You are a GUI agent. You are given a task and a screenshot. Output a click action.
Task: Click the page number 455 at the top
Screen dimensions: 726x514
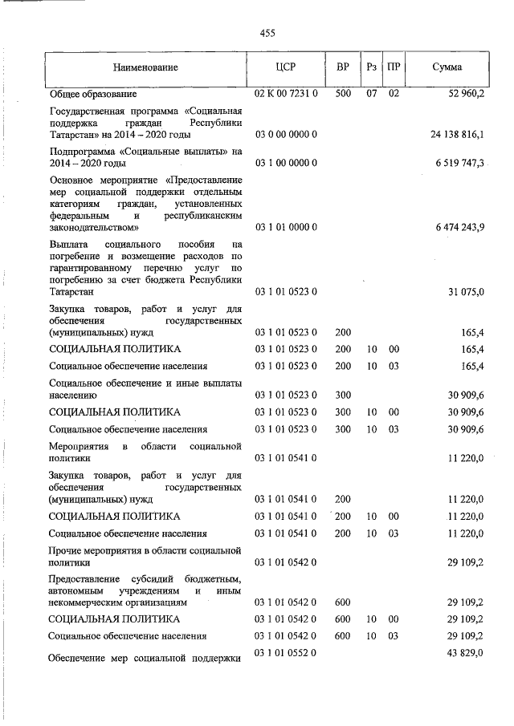(267, 33)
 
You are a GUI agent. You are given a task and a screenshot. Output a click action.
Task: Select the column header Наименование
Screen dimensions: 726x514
(145, 67)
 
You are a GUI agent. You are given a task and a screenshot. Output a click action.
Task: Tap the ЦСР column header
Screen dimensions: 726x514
(287, 67)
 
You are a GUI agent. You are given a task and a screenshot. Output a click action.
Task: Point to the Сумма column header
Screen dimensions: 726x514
(447, 67)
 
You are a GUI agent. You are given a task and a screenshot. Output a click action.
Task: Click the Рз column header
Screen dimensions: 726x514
(371, 67)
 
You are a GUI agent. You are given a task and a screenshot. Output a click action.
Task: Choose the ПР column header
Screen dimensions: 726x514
(394, 67)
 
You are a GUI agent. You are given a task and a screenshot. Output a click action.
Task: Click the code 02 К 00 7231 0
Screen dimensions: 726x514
(287, 95)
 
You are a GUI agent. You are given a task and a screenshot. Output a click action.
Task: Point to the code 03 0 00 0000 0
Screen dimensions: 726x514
(287, 133)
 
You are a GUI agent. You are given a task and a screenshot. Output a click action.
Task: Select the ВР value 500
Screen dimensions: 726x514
(342, 95)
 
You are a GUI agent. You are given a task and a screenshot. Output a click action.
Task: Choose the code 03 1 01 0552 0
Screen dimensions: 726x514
(287, 655)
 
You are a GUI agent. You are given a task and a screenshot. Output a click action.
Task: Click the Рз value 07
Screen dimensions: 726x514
(371, 95)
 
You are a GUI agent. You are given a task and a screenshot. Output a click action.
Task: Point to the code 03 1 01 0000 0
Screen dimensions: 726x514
(287, 228)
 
